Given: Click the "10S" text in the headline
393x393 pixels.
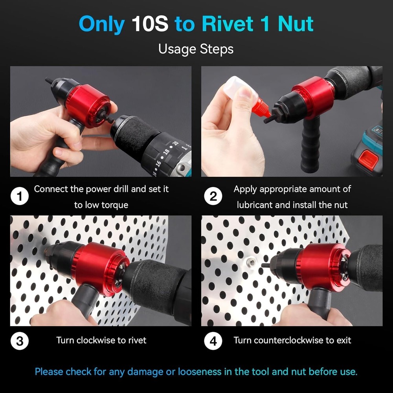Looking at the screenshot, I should coord(150,24).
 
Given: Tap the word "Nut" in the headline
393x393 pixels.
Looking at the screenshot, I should coord(296,24).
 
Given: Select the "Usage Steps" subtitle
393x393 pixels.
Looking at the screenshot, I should coord(196,49).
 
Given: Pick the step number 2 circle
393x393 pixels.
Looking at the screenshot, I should coord(213,196).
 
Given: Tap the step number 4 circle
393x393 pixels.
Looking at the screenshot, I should coord(213,341).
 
